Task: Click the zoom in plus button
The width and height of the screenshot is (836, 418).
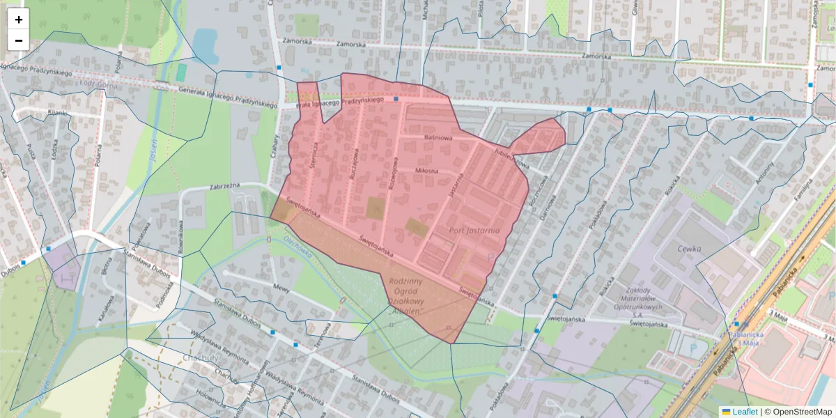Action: [x=19, y=20]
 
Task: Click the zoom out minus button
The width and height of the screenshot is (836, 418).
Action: [x=19, y=40]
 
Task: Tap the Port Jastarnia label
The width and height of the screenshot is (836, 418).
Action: [x=475, y=231]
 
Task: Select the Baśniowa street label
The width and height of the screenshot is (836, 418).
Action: [x=439, y=138]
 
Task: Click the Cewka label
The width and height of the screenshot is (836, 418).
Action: [x=689, y=249]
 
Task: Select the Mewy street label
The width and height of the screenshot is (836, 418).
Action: [x=281, y=287]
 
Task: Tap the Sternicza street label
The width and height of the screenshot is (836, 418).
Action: [x=314, y=155]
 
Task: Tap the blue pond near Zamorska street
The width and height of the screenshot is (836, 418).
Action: [x=205, y=42]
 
